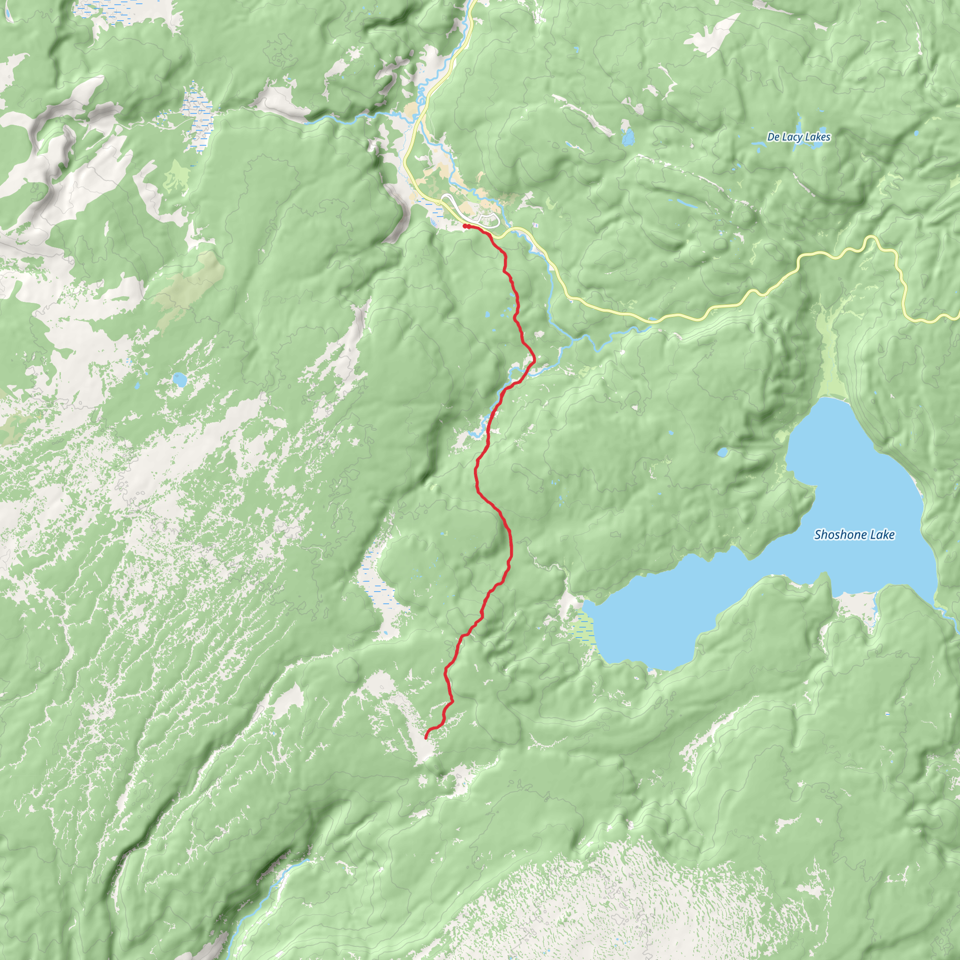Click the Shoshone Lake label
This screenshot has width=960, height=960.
pyautogui.click(x=854, y=535)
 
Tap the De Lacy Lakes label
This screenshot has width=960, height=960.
pyautogui.click(x=798, y=137)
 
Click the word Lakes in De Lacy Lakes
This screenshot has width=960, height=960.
pyautogui.click(x=817, y=137)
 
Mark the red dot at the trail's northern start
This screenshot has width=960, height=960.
pyautogui.click(x=465, y=226)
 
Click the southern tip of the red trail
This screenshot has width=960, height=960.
pyautogui.click(x=426, y=738)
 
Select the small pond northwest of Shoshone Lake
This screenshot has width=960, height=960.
pyautogui.click(x=722, y=452)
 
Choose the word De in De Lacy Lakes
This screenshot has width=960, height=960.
pyautogui.click(x=773, y=137)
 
